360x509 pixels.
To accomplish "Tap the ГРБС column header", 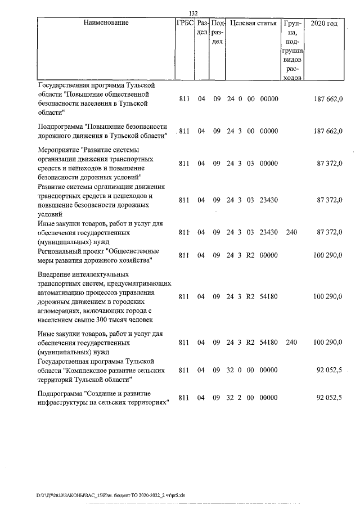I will [x=185, y=24].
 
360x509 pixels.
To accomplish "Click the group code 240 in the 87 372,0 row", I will [x=291, y=231].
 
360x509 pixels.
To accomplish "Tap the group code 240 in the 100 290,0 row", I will [x=291, y=341].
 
